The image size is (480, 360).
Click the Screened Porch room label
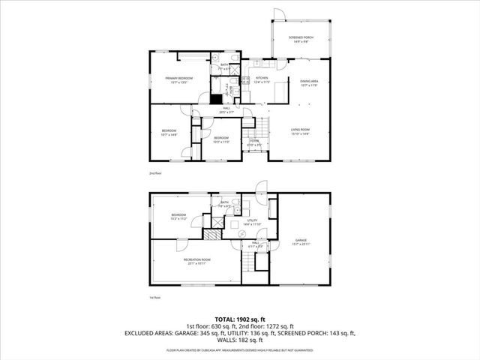tap(300, 38)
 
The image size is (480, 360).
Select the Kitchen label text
tap(262, 79)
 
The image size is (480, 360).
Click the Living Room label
tap(300, 132)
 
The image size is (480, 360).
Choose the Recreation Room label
tap(197, 261)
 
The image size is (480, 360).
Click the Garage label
tap(300, 241)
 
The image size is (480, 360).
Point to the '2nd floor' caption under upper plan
tap(155, 173)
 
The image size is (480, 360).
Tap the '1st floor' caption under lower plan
tap(155, 297)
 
